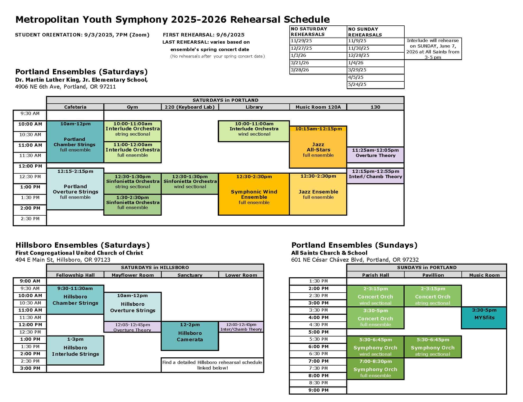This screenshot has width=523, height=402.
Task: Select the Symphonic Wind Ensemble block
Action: pos(254,194)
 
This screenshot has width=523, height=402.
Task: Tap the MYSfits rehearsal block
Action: pos(484,318)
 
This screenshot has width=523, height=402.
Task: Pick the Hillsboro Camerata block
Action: pos(190,336)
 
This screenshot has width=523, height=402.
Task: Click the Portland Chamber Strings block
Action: pos(75,142)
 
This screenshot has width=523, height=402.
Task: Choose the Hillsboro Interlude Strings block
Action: pos(75,350)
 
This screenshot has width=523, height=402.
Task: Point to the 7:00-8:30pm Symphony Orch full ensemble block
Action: pos(375,369)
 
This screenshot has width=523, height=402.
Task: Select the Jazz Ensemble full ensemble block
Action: pos(318,194)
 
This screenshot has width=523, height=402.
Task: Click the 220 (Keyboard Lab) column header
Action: pos(190,107)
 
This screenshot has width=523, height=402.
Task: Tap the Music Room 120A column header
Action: pos(318,107)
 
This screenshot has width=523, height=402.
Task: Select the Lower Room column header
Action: pos(241,275)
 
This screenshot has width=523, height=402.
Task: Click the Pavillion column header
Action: pos(433,275)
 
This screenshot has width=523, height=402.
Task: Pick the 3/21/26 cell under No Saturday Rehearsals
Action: pos(318,63)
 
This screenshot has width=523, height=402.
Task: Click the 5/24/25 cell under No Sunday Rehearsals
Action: pos(375,85)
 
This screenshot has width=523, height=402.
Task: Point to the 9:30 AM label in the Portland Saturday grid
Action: pos(30,114)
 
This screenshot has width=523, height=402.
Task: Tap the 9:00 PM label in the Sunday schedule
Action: pos(318,390)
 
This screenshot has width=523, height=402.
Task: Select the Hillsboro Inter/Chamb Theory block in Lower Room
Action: pos(241,327)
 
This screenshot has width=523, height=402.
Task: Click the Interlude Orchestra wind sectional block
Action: pos(254,131)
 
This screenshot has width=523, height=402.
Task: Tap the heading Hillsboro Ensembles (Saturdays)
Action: pos(82,245)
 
